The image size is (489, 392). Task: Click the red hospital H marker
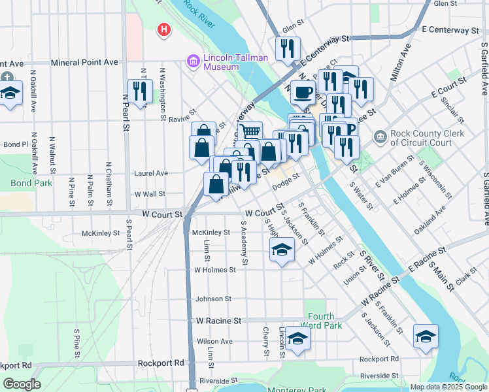tap(163, 29)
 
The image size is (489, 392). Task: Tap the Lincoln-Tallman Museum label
tap(235, 62)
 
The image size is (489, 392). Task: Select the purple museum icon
tap(194, 62)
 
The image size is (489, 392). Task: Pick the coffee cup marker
tap(302, 93)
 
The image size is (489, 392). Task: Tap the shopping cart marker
tap(250, 132)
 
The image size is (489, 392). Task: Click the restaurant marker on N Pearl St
tap(140, 91)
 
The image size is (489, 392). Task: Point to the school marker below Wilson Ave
tap(297, 339)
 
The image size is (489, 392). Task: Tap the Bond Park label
tap(31, 183)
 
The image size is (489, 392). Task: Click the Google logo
tap(22, 384)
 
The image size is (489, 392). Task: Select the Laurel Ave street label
tap(151, 173)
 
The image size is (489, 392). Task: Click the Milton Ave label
tap(400, 63)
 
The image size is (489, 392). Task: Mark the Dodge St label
tap(286, 181)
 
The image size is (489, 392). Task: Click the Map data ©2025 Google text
tap(448, 387)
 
